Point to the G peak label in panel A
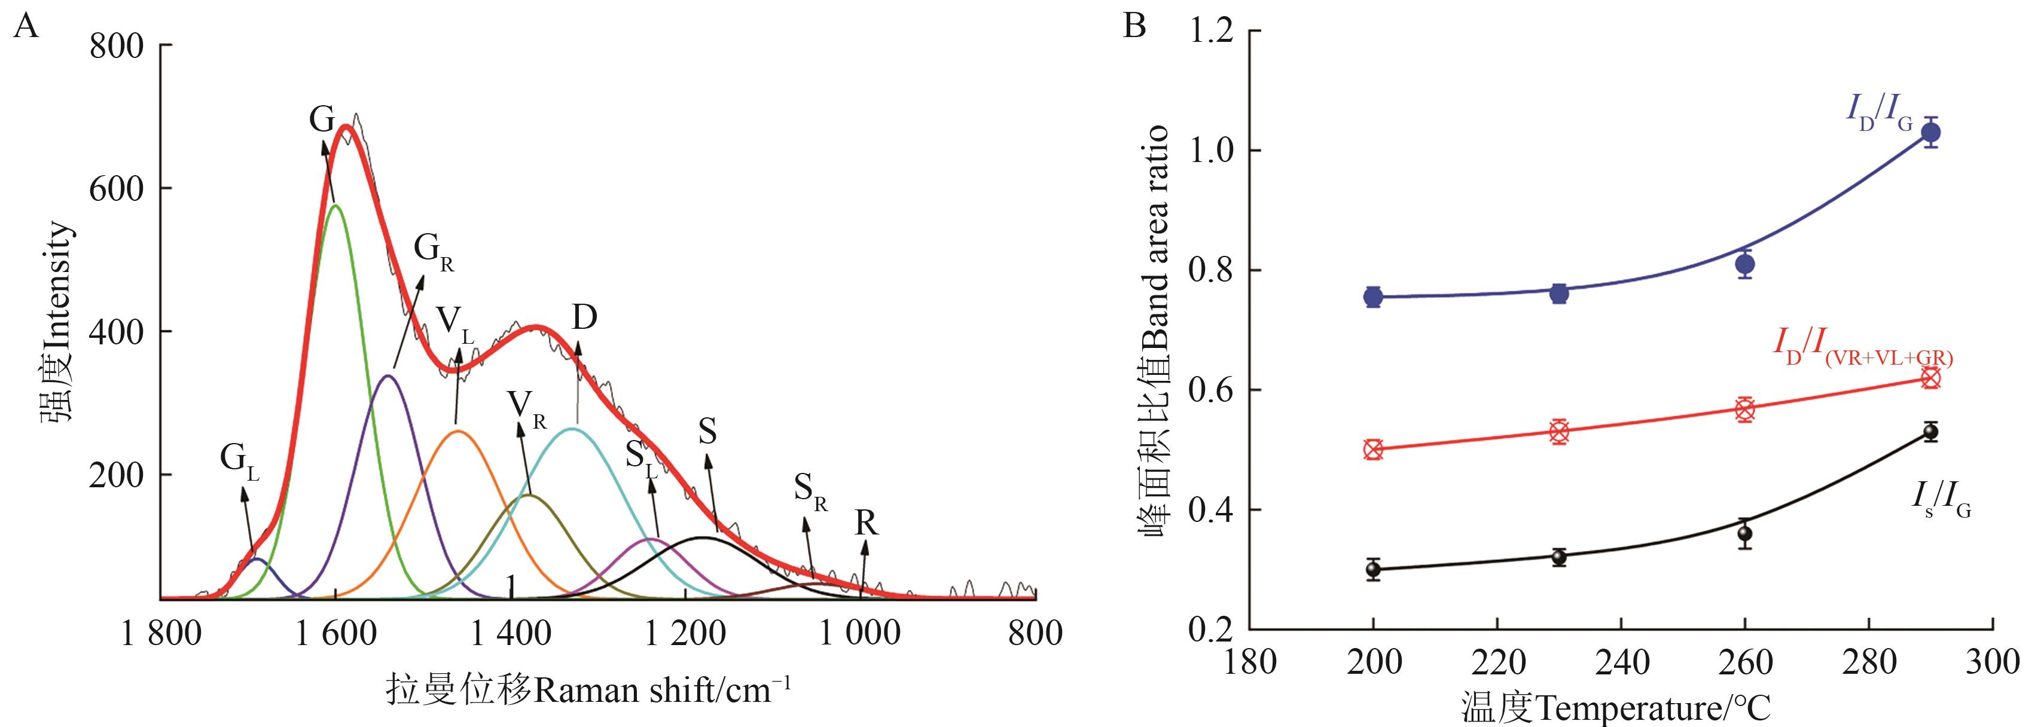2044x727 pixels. pos(321,120)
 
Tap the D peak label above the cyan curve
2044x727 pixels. pos(584,317)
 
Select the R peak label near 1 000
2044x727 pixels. pos(866,524)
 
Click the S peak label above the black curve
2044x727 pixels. pos(707,432)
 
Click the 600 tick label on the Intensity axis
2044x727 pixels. pos(116,189)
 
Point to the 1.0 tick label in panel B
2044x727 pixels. pos(1211,152)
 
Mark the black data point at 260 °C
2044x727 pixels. pos(1744,533)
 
